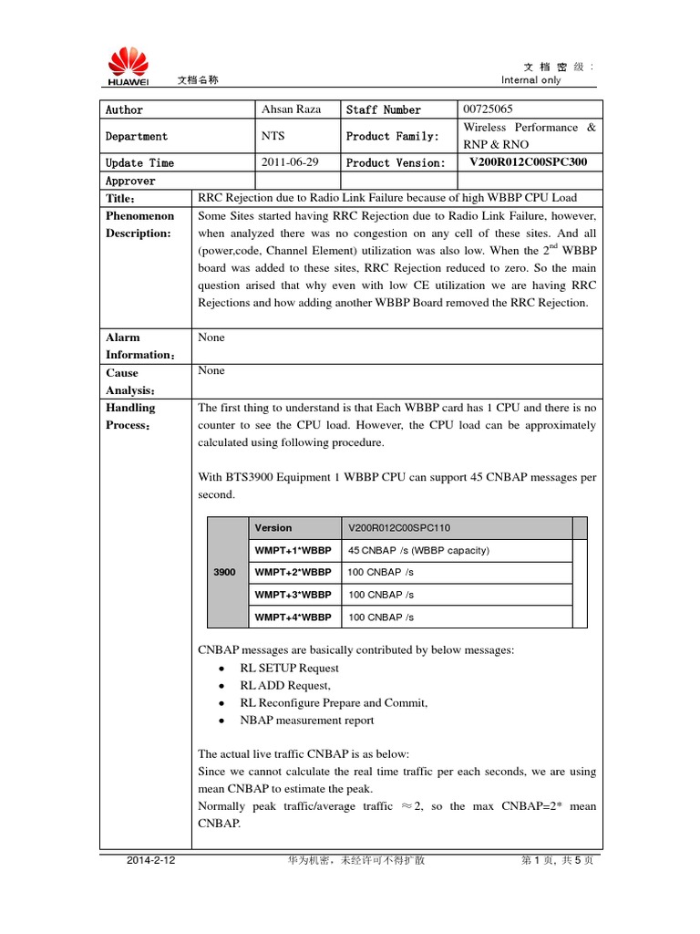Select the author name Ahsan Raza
[291, 109]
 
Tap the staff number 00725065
[488, 109]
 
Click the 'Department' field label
[137, 136]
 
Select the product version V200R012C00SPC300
[528, 162]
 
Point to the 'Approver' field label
[130, 181]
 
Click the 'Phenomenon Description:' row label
[139, 224]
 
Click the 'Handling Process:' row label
[130, 417]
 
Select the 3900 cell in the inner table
[224, 573]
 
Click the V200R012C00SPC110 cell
[398, 528]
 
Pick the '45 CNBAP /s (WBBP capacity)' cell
[418, 550]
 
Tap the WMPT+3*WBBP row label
[293, 595]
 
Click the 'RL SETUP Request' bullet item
[289, 669]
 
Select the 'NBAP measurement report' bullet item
[306, 721]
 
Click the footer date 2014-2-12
[151, 861]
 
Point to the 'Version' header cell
[273, 528]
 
